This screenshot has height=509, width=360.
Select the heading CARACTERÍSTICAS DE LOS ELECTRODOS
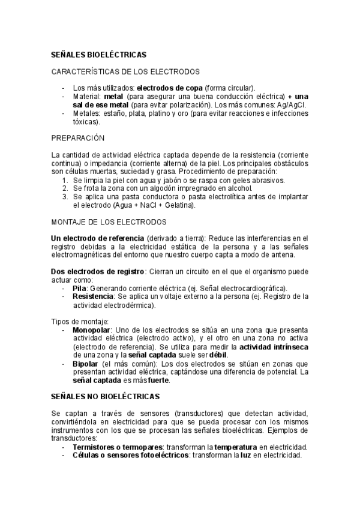[x=125, y=71]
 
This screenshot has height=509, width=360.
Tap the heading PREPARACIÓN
[x=78, y=138]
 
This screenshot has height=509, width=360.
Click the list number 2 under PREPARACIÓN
[x=65, y=188]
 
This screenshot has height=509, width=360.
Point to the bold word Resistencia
[x=92, y=297]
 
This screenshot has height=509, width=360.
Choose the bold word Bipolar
[x=85, y=364]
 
